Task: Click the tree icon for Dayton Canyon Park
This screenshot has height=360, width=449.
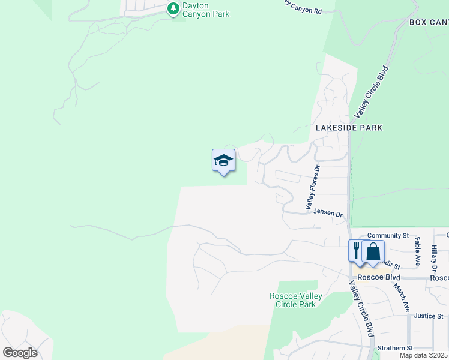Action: coord(173,8)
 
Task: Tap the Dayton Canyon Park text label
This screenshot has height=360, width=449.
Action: coord(206,10)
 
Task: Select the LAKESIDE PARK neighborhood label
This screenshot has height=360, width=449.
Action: coord(349,128)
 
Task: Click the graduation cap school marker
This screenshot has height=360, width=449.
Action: coord(223,161)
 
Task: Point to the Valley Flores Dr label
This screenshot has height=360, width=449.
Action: coord(313,188)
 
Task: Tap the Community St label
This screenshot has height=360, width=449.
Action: coord(388,236)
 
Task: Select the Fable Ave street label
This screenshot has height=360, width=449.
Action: coord(417,252)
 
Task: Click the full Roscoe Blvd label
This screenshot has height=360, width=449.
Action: coord(374,278)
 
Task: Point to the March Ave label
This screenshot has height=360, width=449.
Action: coord(402,298)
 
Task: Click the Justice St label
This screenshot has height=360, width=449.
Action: coord(428,316)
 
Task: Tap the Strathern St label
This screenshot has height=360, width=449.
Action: coord(395,348)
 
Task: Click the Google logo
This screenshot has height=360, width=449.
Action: coord(20,353)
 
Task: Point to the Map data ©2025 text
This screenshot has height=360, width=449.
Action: coord(423,355)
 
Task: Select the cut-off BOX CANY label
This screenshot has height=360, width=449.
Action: coord(429,22)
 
